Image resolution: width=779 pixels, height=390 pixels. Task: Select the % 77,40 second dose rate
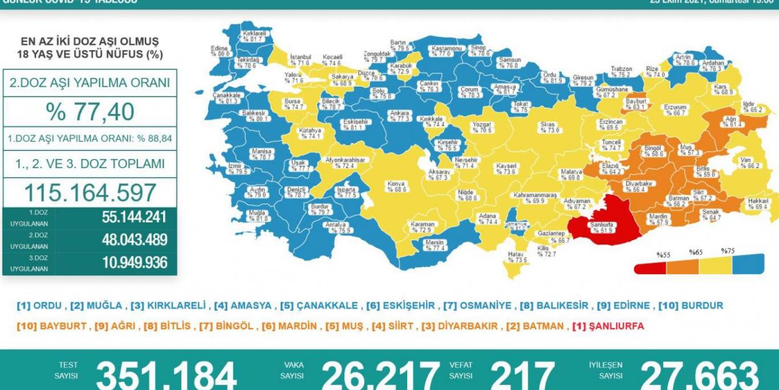[x=89, y=112]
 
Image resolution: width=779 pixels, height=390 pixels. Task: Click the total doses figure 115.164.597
[x=89, y=193]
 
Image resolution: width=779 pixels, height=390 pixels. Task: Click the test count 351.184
[x=166, y=375]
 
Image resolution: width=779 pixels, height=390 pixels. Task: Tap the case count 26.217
[x=380, y=375]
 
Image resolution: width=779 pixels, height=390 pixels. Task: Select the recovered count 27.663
[x=700, y=375]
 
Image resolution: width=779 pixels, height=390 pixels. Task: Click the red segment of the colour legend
[x=650, y=268]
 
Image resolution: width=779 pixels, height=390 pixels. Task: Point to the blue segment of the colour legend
[x=747, y=263]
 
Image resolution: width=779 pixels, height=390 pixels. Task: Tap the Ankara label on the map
[x=400, y=116]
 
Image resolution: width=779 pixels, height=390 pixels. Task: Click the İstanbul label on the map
[x=300, y=60]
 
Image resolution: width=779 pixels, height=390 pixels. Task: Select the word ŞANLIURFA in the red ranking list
[x=616, y=326]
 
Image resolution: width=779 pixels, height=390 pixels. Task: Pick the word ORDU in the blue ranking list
[x=47, y=306]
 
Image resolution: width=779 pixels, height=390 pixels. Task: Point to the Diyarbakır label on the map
[x=638, y=186]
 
